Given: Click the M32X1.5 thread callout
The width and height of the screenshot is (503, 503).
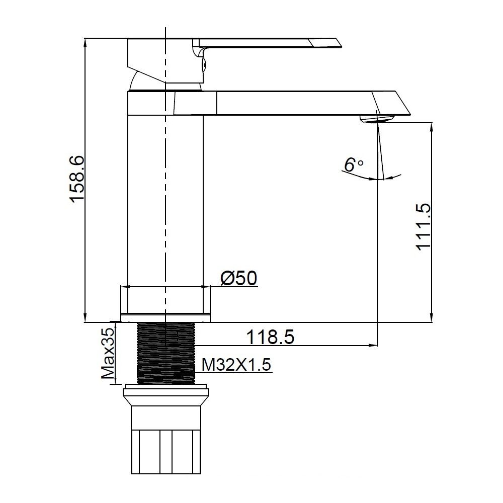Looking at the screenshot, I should click(236, 364).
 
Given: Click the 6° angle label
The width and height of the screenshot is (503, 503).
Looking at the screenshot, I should click(353, 164).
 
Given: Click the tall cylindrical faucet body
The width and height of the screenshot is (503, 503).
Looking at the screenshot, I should click(165, 201).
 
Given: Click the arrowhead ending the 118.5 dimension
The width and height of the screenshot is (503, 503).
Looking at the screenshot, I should click(374, 345).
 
